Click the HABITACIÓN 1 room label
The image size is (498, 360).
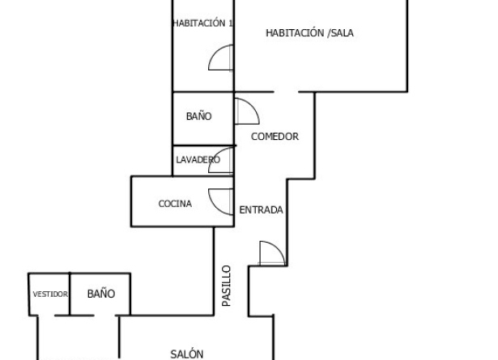pyautogui.click(x=202, y=23)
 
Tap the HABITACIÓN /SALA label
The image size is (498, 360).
pyautogui.click(x=309, y=33)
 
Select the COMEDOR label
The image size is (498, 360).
pyautogui.click(x=275, y=137)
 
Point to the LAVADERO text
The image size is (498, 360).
pyautogui.click(x=198, y=159)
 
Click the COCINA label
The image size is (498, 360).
pyautogui.click(x=175, y=204)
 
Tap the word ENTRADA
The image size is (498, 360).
pyautogui.click(x=261, y=210)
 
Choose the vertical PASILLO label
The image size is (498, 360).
pyautogui.click(x=226, y=286)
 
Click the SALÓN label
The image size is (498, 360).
pyautogui.click(x=187, y=354)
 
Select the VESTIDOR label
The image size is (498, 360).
pyautogui.click(x=50, y=294)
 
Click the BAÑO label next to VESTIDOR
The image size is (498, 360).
pyautogui.click(x=101, y=294)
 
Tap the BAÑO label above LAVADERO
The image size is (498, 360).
pyautogui.click(x=199, y=116)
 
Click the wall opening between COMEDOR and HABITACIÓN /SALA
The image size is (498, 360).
pyautogui.click(x=286, y=92)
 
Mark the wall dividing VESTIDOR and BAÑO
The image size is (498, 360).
pyautogui.click(x=70, y=294)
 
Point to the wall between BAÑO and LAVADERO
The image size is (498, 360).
pyautogui.click(x=204, y=146)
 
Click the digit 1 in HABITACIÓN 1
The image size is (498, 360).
pyautogui.click(x=231, y=23)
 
